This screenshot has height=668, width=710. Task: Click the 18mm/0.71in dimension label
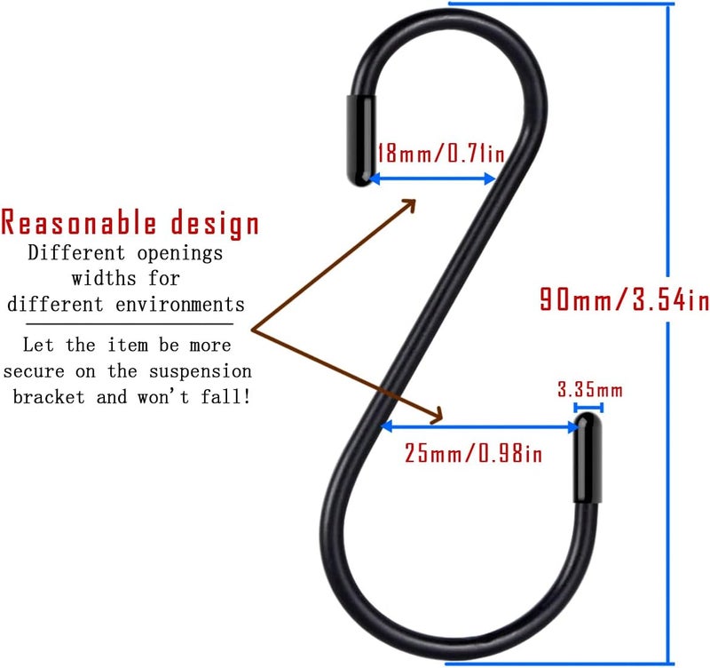point(441,153)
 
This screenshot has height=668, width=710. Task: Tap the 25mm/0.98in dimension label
point(473,453)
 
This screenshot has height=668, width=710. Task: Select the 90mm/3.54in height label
point(625,299)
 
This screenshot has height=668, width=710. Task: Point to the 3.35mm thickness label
point(590,390)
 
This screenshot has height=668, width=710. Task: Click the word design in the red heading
point(215,225)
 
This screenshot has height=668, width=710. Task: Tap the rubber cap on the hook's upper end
point(361,140)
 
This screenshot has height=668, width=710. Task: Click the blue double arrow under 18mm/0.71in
point(432,179)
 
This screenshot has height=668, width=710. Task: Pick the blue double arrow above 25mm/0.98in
point(479,426)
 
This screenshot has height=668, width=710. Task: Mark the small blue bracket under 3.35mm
point(588,408)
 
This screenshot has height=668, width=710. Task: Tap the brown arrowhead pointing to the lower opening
point(436,416)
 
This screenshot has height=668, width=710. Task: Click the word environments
point(180,305)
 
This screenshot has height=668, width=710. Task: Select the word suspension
point(201,371)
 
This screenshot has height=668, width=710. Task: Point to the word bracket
point(49,397)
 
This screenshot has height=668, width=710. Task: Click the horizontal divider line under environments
point(130,324)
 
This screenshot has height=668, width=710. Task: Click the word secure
point(34,372)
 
